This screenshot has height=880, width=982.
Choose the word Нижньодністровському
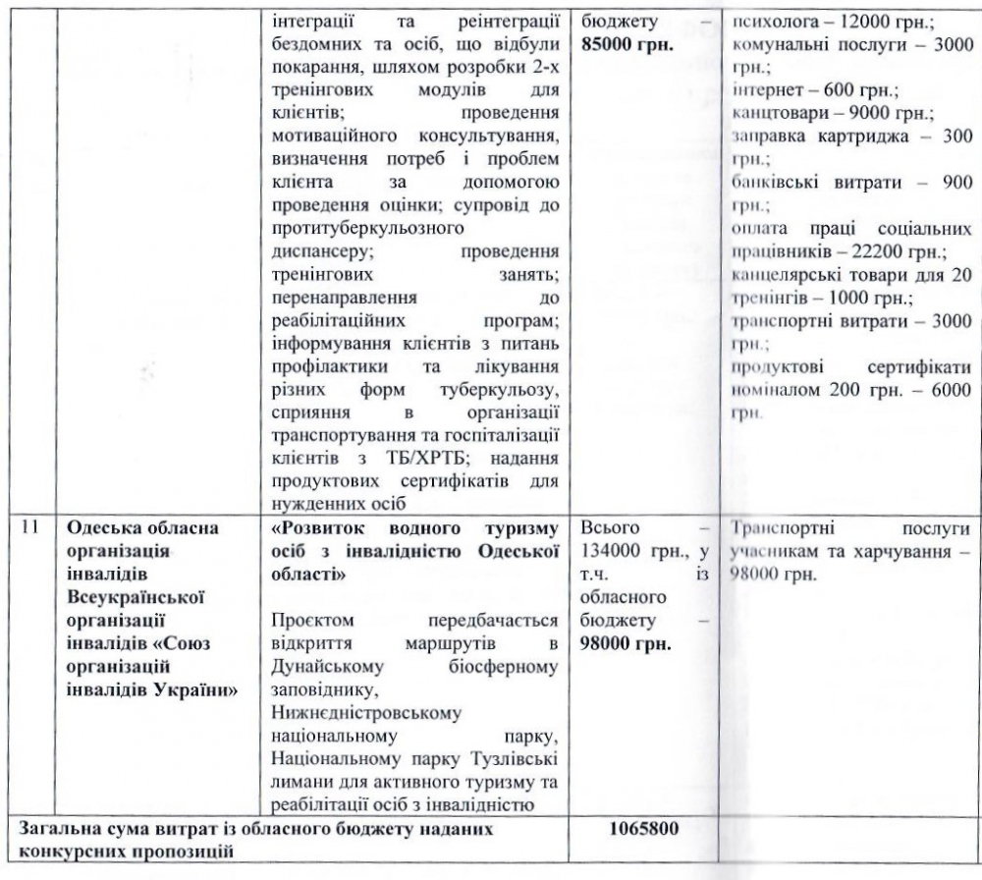point(355,715)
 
